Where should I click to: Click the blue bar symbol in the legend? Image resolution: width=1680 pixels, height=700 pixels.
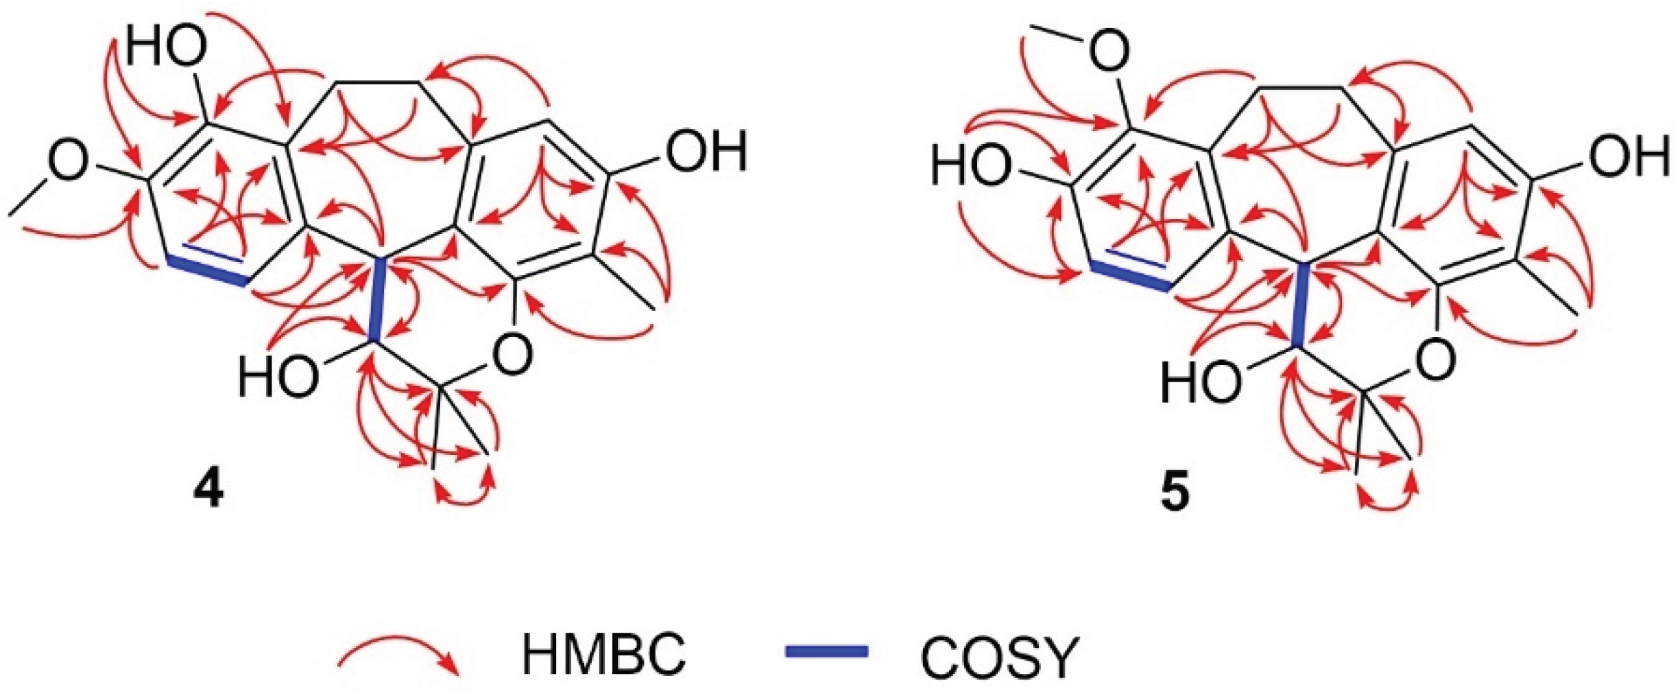tap(826, 652)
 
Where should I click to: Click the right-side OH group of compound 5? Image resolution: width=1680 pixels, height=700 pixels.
tap(1629, 156)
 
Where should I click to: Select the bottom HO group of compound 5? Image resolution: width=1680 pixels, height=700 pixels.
tap(1201, 382)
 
